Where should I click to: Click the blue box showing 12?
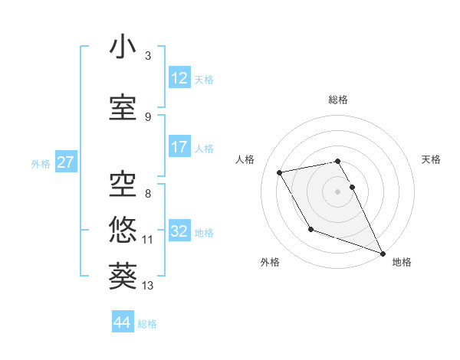pyautogui.click(x=179, y=78)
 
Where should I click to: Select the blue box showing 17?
pyautogui.click(x=179, y=147)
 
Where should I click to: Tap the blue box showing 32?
pyautogui.click(x=179, y=231)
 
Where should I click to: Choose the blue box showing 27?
pyautogui.click(x=65, y=162)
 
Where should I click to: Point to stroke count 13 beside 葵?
pyautogui.click(x=148, y=286)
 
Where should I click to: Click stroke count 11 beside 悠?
pyautogui.click(x=148, y=239)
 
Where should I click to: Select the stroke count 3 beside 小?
pyautogui.click(x=147, y=56)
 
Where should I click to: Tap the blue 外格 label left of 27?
pyautogui.click(x=41, y=163)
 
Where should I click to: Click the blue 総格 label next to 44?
pyautogui.click(x=147, y=323)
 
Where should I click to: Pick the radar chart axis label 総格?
pyautogui.click(x=338, y=100)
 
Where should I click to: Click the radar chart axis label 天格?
pyautogui.click(x=431, y=159)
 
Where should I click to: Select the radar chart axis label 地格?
pyautogui.click(x=402, y=262)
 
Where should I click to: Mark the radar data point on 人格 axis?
pyautogui.click(x=280, y=172)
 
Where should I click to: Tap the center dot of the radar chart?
pyautogui.click(x=337, y=191)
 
